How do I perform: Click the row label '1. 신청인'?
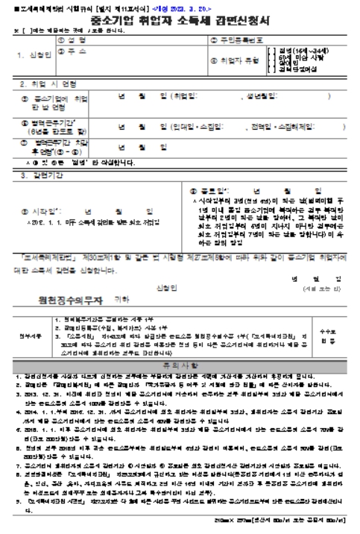point(28,54)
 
